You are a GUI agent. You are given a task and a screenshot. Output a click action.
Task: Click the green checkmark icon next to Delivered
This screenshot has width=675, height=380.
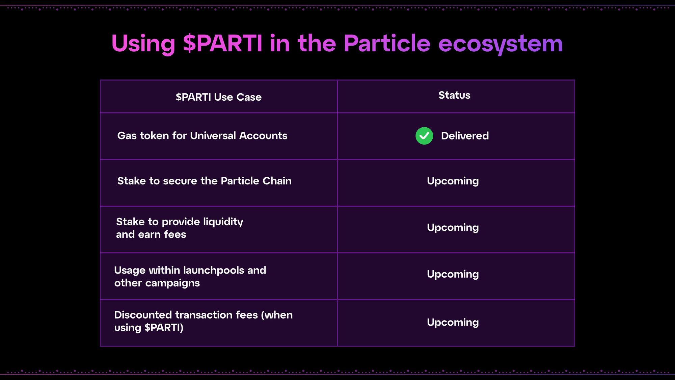[x=424, y=136]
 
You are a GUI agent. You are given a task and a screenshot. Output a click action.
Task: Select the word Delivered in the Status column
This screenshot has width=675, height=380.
[x=465, y=136]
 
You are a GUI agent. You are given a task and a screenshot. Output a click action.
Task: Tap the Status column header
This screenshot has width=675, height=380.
[x=454, y=95]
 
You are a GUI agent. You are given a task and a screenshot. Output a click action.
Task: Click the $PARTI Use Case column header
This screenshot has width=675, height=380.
[x=219, y=97]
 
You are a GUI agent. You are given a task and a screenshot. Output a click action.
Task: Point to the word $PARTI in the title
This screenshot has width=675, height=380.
[x=223, y=44]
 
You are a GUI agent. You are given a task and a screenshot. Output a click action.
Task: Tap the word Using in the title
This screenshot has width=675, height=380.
[x=143, y=44]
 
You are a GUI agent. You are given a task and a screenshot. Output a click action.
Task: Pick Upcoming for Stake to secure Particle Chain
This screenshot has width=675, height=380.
[x=453, y=181]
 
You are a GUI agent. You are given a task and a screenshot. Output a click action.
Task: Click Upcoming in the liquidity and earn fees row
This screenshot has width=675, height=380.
[x=453, y=228]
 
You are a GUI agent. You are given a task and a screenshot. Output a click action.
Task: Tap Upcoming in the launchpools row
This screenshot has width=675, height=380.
[x=453, y=275]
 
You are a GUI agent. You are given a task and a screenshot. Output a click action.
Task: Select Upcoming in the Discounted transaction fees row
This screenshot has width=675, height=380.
[x=453, y=323]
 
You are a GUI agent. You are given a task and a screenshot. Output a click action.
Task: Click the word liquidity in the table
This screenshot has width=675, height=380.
[x=223, y=222]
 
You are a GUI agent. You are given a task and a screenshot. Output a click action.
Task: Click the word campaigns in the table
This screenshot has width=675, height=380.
[x=172, y=283]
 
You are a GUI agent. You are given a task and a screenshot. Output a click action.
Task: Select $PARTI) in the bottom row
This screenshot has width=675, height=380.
[x=164, y=328]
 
